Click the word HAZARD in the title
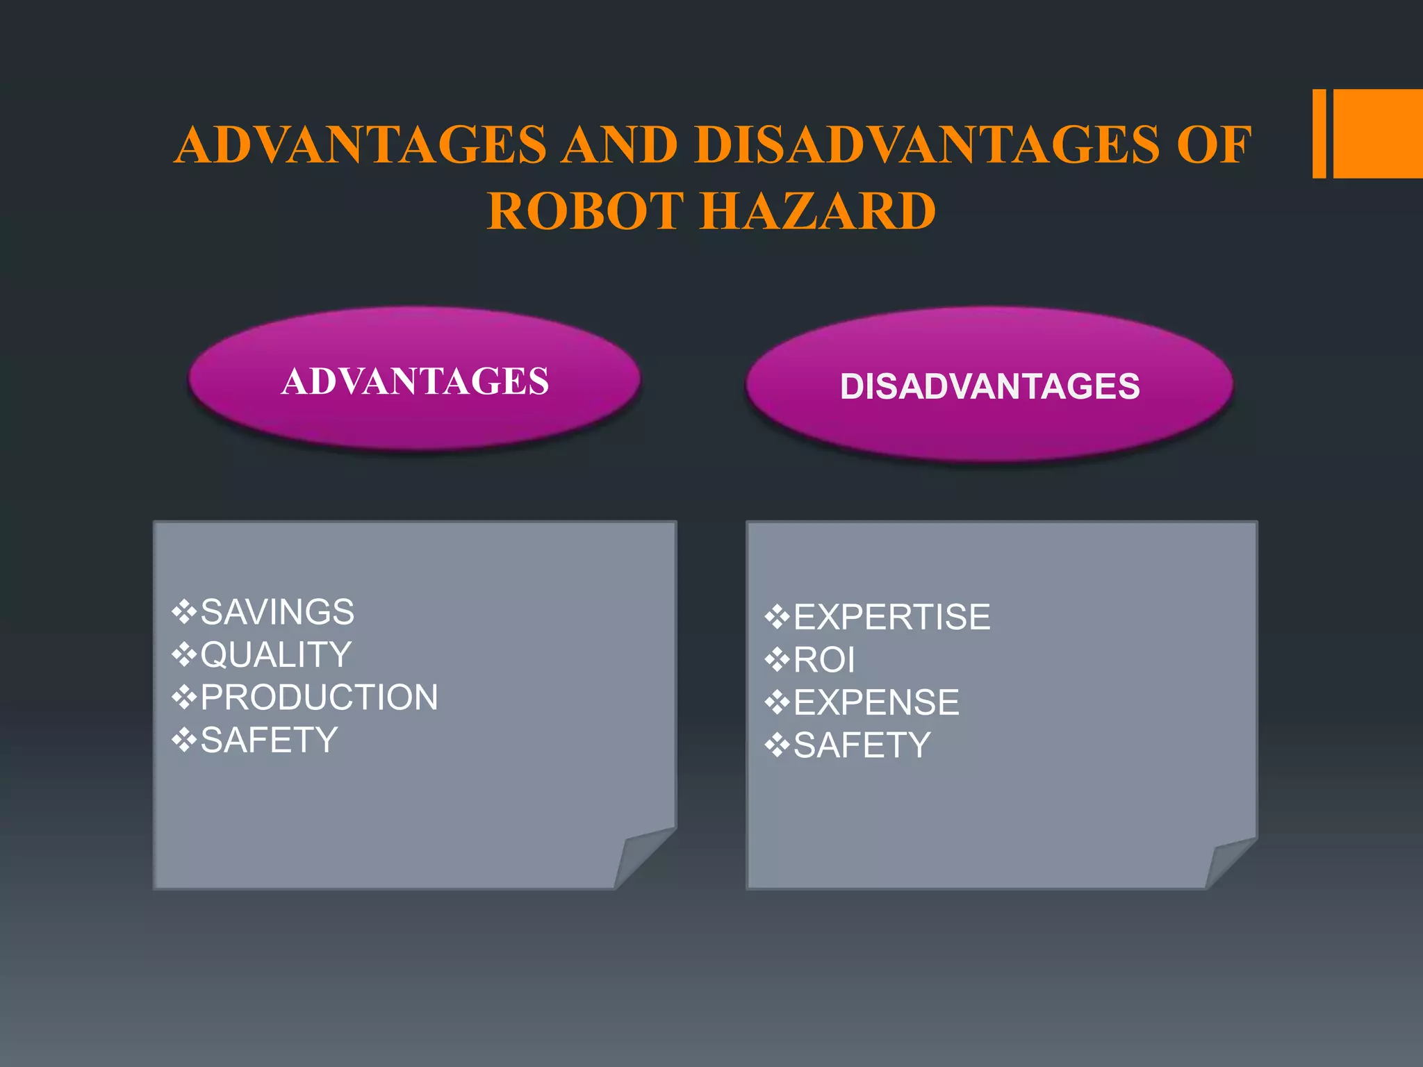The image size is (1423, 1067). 818,211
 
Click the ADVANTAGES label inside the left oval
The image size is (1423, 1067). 415,381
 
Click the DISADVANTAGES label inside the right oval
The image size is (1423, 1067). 989,386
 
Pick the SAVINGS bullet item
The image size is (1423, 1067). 277,612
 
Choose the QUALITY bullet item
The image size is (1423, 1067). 276,654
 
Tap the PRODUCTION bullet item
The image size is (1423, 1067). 319,697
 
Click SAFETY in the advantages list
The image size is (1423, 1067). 269,740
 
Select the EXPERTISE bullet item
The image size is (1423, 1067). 891,617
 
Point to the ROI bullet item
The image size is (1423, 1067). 824,660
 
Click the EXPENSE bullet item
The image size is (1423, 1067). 876,702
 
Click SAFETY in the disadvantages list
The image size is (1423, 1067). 862,745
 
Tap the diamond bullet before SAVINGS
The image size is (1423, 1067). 184,612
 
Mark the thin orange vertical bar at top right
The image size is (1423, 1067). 1319,133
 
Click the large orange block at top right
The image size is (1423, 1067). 1378,133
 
